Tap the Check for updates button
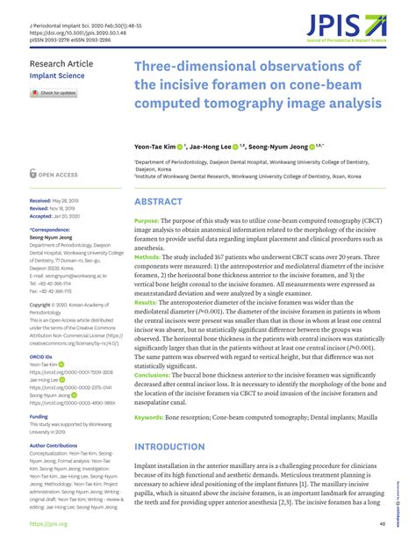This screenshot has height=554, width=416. point(54,92)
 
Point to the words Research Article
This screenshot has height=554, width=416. point(61,65)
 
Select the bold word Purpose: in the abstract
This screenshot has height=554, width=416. point(147,220)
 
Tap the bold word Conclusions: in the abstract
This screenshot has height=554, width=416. point(153,373)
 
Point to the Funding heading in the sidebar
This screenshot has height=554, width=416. point(39,417)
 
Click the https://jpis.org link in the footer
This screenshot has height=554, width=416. point(48,524)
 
